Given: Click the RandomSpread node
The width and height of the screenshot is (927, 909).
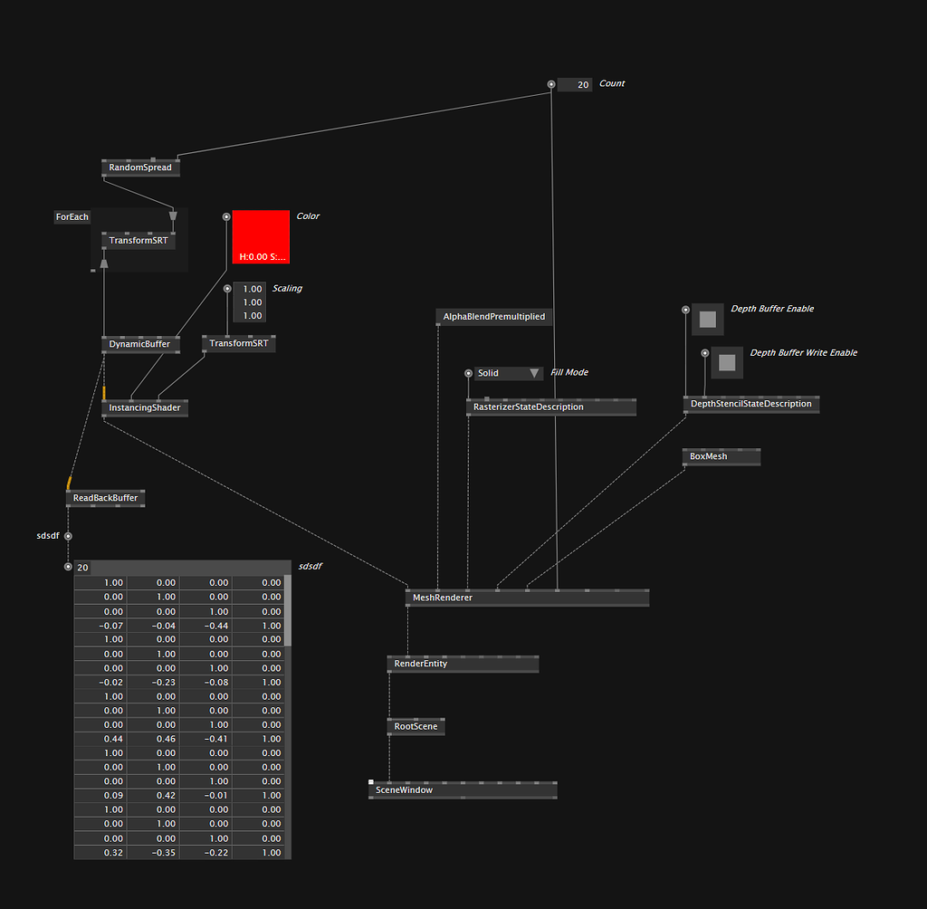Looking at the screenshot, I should (139, 167).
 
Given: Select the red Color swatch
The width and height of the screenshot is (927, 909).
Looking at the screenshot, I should (260, 236).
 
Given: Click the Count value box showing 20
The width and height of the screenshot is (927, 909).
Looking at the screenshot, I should (575, 84).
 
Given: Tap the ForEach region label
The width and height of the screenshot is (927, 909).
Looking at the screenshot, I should (72, 217).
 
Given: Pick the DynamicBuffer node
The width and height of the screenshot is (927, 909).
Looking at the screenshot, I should (139, 344).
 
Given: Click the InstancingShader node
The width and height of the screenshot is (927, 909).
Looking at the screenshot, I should (144, 407).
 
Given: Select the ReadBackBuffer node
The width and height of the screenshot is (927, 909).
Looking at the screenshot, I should (105, 498).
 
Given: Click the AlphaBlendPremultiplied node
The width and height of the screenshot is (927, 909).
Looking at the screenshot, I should (493, 317).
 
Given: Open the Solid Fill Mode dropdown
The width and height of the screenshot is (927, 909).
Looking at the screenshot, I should (508, 373).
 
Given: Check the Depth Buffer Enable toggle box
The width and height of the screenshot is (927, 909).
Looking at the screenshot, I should (708, 320).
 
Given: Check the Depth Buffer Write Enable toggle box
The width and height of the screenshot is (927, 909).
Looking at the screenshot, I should (726, 363).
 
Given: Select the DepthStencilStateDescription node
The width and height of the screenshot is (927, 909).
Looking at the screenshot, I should (750, 404).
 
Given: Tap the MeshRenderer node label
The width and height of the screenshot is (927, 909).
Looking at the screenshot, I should (443, 598).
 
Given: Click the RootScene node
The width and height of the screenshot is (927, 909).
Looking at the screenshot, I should (416, 726).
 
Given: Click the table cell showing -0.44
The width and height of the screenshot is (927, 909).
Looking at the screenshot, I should (205, 626).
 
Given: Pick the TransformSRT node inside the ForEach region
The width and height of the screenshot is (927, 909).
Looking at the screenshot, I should (137, 241).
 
